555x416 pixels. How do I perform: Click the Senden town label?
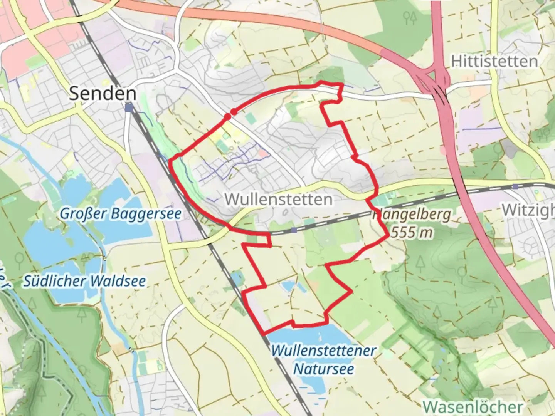click(x=103, y=93)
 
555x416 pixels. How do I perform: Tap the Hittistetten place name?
click(x=494, y=62)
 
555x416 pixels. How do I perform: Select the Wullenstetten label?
click(x=278, y=200)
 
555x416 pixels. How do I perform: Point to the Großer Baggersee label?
click(x=120, y=214)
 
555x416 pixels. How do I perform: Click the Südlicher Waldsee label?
click(x=84, y=281)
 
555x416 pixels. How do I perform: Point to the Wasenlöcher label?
click(x=473, y=406)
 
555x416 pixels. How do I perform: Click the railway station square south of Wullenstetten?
click(x=294, y=230)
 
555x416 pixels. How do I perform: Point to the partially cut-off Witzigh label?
click(x=528, y=210)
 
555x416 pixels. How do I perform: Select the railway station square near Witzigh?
click(x=515, y=186)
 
